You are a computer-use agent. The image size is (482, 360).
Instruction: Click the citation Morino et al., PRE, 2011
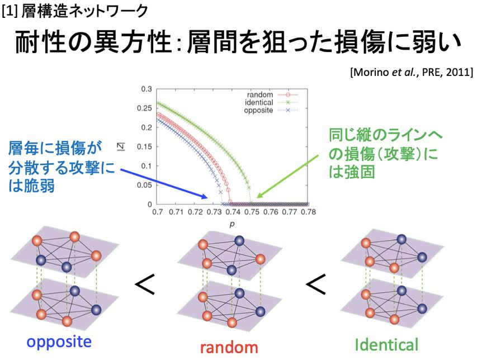(x=412, y=72)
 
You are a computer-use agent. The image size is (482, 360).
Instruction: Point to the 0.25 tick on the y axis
(x=144, y=108)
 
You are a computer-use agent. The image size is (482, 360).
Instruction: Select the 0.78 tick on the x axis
(x=308, y=212)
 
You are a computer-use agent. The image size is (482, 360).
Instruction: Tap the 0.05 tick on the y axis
(x=144, y=185)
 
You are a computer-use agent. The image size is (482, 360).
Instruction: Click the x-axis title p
(x=232, y=224)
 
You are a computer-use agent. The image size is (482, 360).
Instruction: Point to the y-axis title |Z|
(x=122, y=146)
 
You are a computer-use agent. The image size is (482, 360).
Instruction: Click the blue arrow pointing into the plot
(x=164, y=183)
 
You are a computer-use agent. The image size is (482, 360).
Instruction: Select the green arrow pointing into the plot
(x=287, y=177)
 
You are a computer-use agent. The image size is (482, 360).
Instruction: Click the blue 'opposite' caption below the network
(x=59, y=342)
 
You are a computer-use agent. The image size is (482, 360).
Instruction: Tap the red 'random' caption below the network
(x=229, y=347)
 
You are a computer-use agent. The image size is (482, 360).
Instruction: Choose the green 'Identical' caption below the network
(x=387, y=345)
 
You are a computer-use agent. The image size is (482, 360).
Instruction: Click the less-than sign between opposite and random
(x=145, y=285)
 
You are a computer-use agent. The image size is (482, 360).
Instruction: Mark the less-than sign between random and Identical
(x=316, y=285)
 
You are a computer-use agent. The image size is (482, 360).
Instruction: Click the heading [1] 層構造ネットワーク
(x=75, y=12)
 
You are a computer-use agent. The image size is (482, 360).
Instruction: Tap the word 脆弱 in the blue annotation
(x=39, y=186)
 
